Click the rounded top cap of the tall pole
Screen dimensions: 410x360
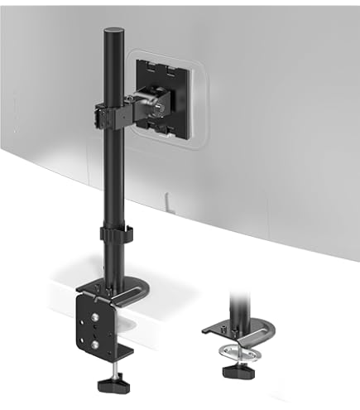[x=111, y=31]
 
